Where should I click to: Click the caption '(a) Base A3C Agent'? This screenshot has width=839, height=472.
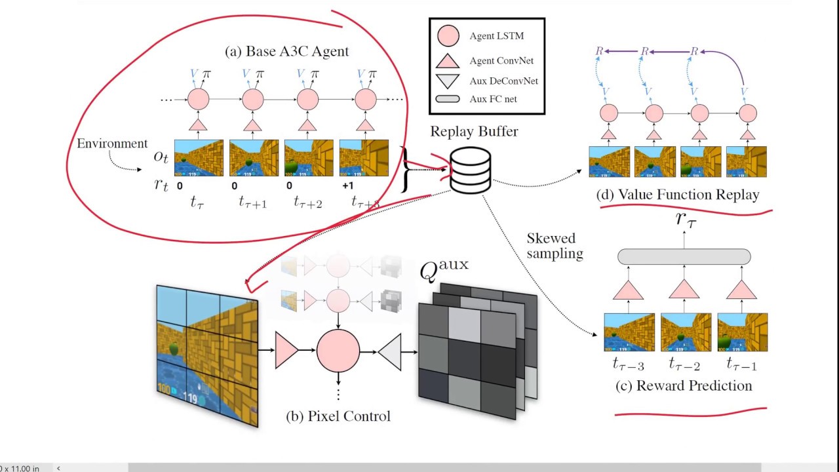[x=287, y=51]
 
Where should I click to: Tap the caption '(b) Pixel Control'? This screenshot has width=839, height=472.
[x=338, y=416]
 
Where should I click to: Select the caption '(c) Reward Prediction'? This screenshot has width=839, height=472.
[x=684, y=385]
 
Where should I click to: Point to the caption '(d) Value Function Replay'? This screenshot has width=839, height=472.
[x=678, y=195]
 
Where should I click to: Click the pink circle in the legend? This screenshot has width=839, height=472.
[x=448, y=36]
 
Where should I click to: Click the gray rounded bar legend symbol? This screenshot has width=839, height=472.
[x=448, y=99]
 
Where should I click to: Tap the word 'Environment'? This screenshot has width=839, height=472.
[x=112, y=144]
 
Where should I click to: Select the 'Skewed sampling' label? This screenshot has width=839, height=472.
[x=555, y=246]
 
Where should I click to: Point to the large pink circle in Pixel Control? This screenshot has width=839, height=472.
[x=338, y=351]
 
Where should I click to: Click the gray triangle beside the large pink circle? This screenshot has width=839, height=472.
[x=390, y=351]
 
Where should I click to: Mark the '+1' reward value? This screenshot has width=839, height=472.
[x=348, y=186]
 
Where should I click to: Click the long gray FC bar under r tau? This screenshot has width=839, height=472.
[x=684, y=256]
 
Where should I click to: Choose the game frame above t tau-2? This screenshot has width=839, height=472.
[x=685, y=332]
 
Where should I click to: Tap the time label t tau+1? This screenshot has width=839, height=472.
[x=252, y=203]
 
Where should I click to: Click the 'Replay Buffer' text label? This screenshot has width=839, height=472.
[x=474, y=131]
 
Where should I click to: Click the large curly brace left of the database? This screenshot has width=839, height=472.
[x=406, y=169]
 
